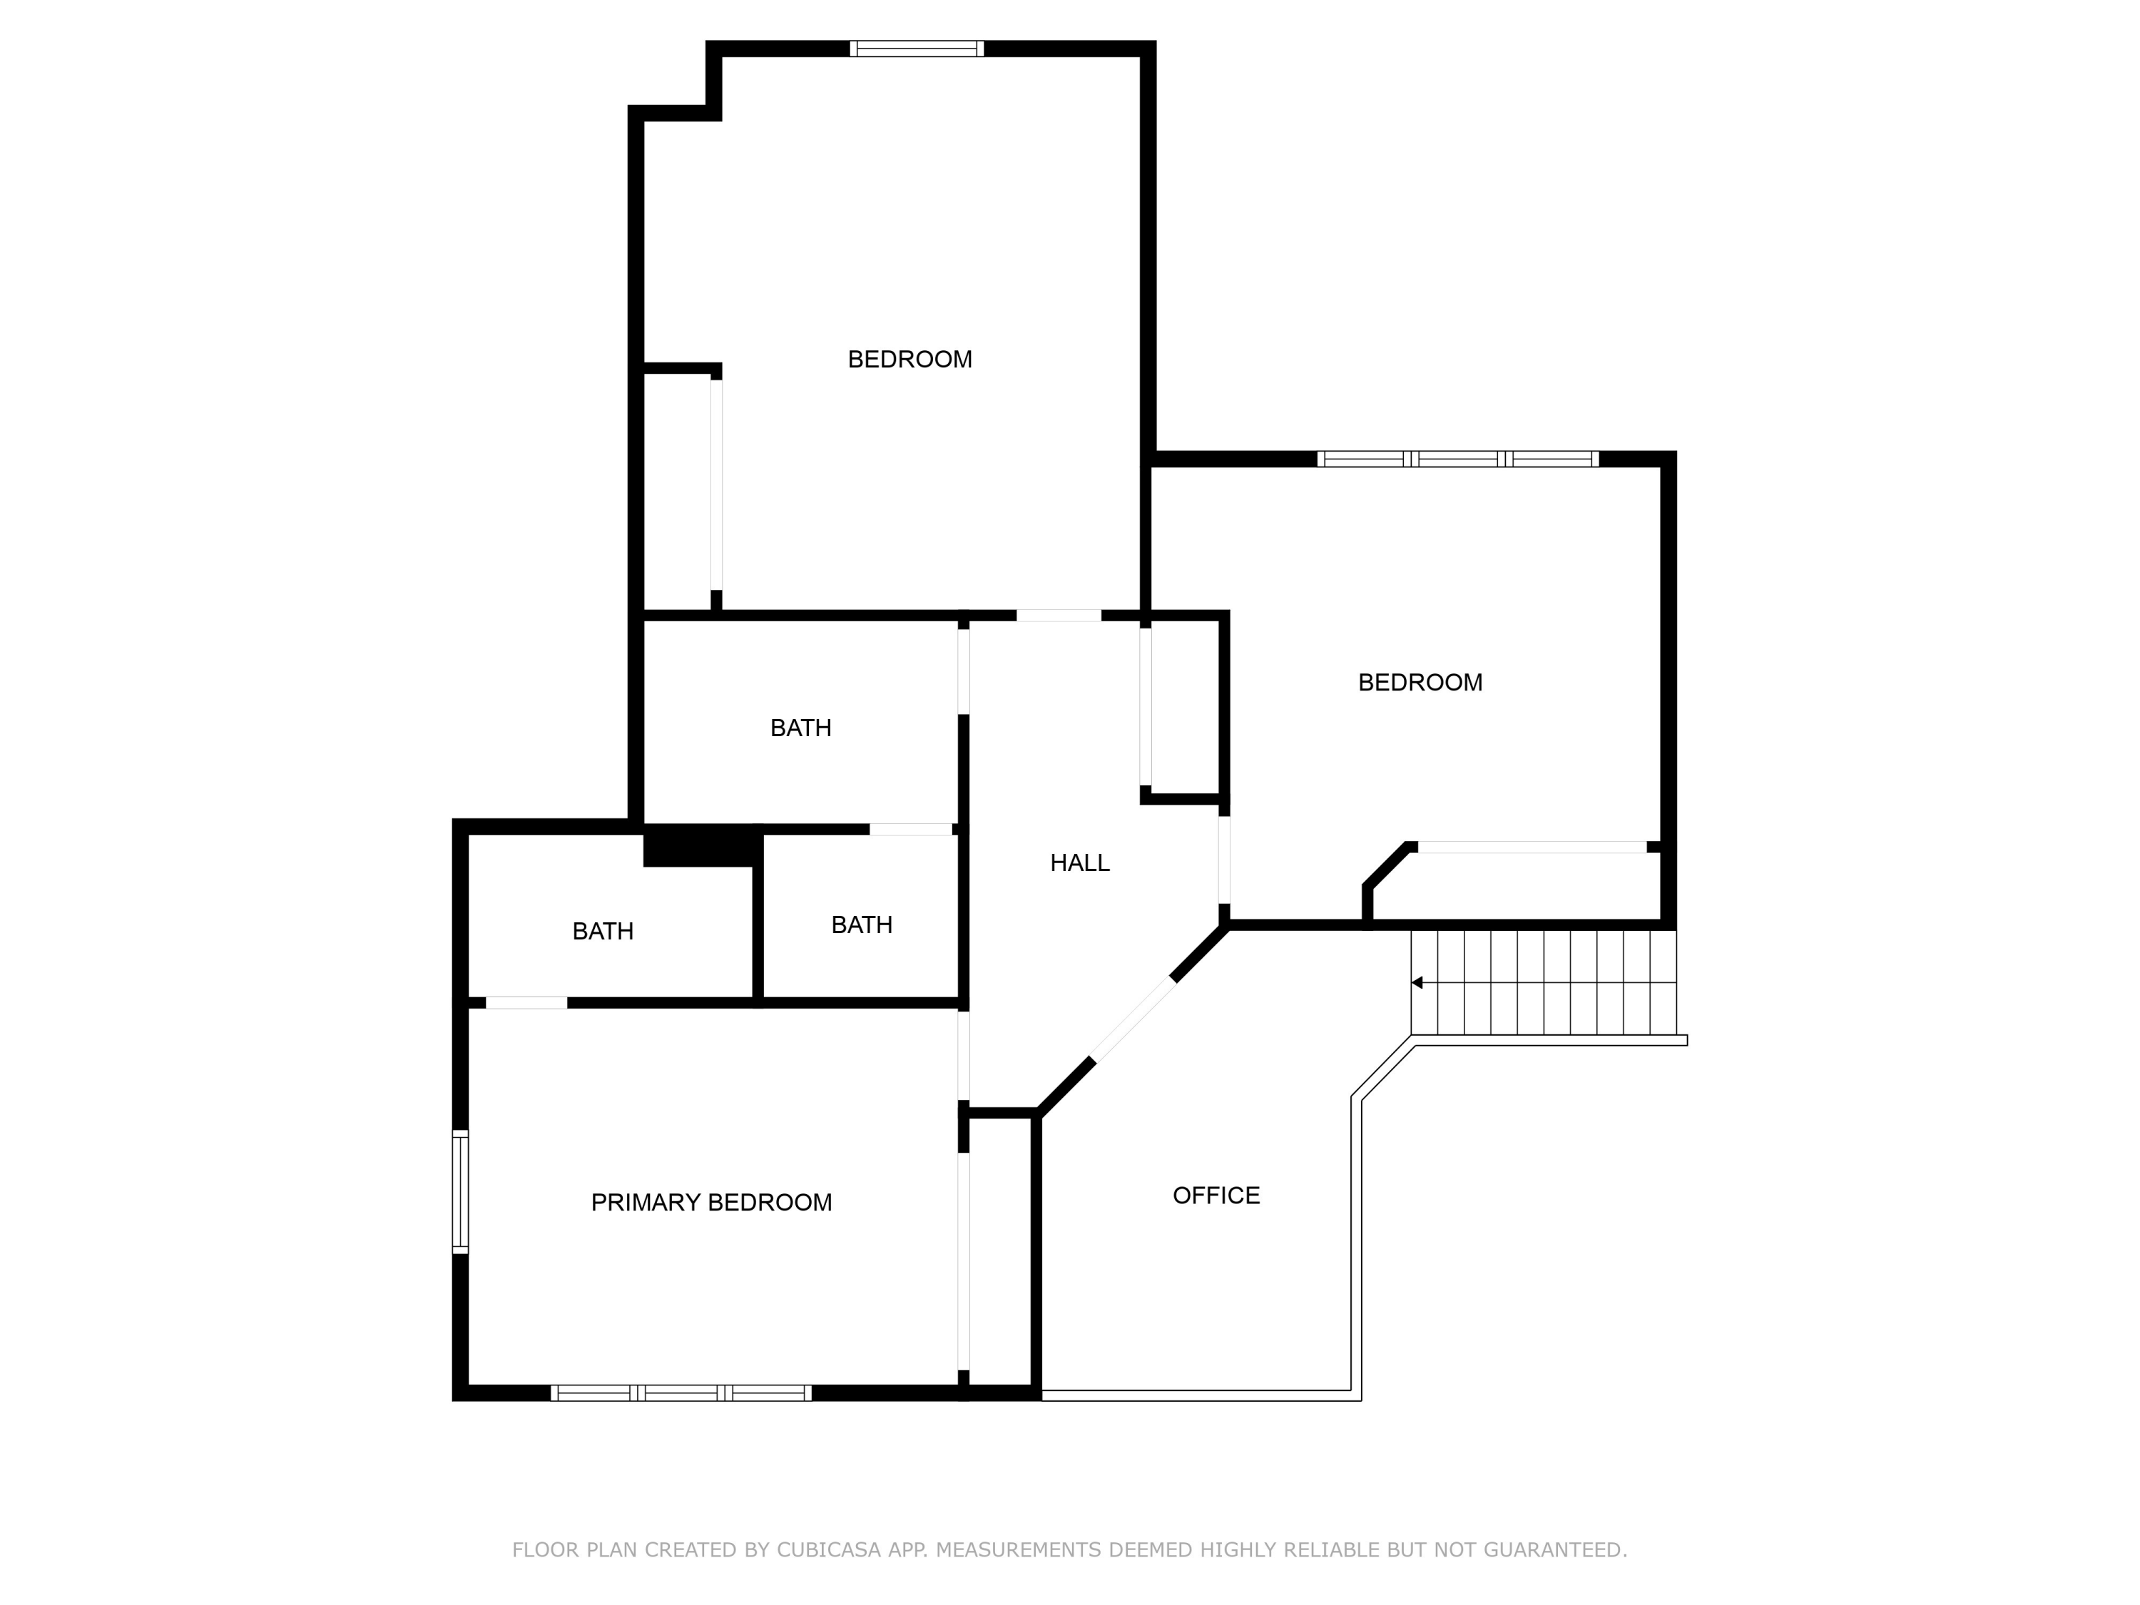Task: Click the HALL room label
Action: pos(1080,863)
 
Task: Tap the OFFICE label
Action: pos(1216,1196)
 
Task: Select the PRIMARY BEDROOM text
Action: pos(711,1203)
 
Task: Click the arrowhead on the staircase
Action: pos(1417,983)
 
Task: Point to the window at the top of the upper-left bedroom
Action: pos(917,49)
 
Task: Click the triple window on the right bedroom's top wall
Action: pos(1458,459)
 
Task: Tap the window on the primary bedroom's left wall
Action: pos(461,1192)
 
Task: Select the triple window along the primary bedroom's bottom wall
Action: pos(681,1393)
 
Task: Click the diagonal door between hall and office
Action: pos(1133,1021)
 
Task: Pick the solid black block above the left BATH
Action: pos(701,847)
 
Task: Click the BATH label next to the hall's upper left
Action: pos(800,728)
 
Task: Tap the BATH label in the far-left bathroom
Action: pos(603,932)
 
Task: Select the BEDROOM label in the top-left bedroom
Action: pos(909,360)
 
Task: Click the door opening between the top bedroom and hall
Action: pos(1059,616)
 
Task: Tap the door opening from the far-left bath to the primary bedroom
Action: pos(526,1003)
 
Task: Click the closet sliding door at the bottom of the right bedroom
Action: pos(1532,847)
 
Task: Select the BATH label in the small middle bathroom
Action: pos(861,926)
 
